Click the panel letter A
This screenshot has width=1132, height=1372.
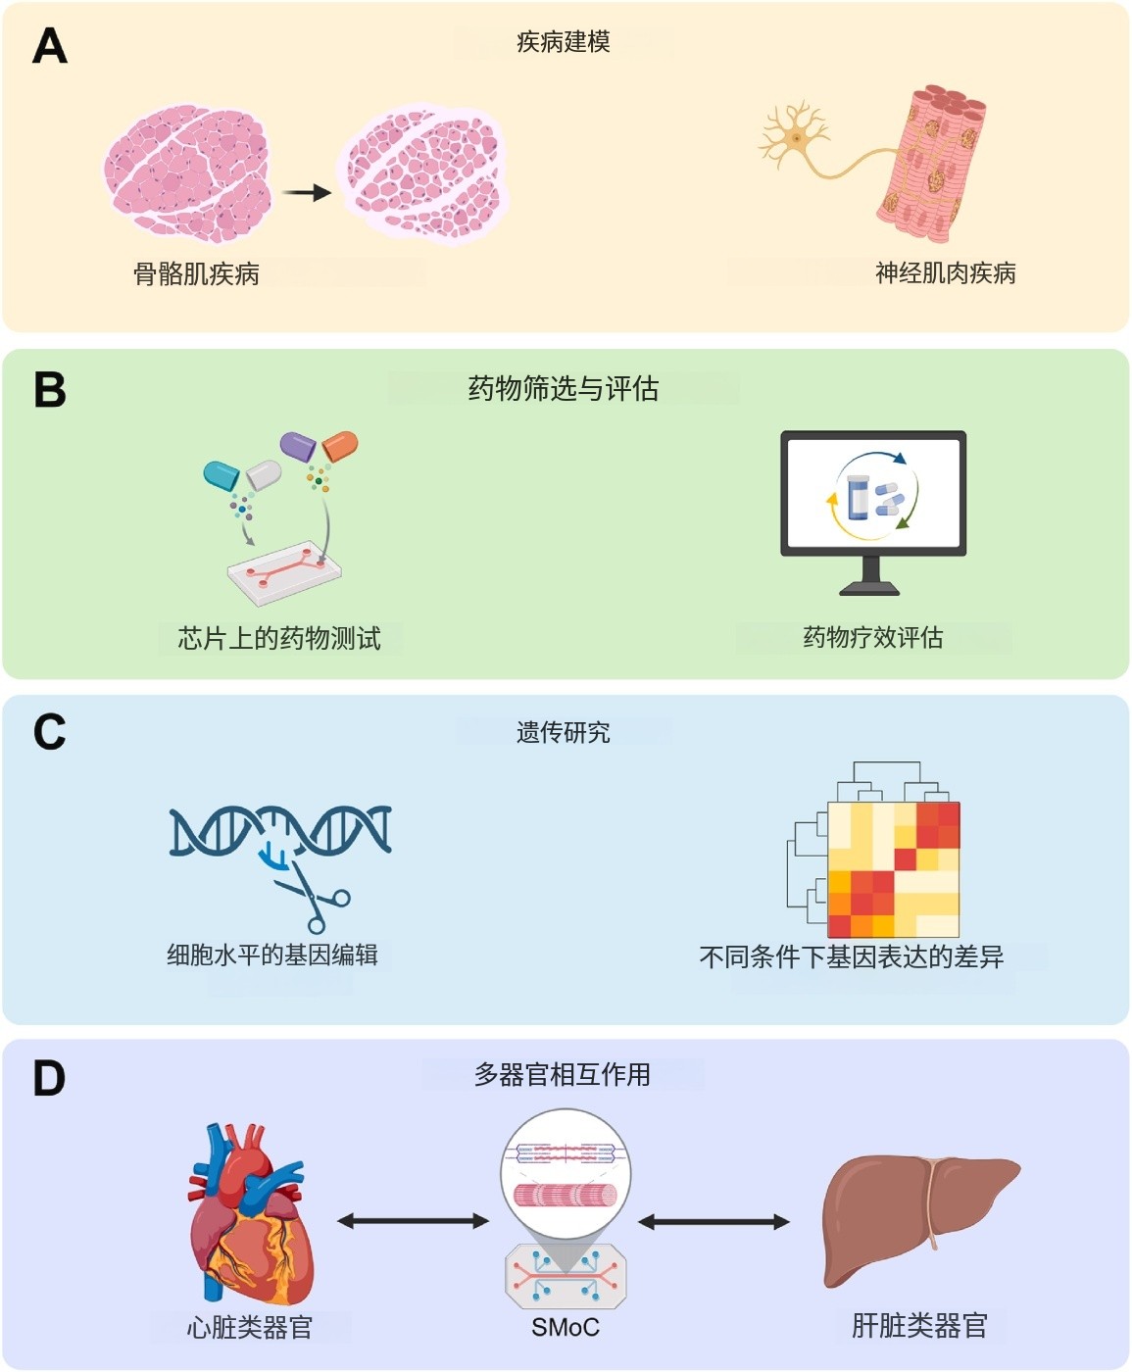(x=50, y=46)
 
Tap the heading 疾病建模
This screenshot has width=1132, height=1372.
(x=564, y=42)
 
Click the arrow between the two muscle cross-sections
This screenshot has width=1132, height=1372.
(x=307, y=193)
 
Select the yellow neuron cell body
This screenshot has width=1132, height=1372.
(x=796, y=138)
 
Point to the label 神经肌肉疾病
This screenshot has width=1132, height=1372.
(x=945, y=272)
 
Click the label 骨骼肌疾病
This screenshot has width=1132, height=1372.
(x=196, y=273)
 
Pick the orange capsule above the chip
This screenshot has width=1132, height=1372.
(x=340, y=446)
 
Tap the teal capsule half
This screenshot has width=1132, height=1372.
(x=221, y=475)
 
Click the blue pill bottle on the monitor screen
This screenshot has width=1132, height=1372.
(x=859, y=497)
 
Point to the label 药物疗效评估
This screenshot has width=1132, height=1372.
(x=872, y=638)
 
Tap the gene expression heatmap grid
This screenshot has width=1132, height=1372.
(x=893, y=869)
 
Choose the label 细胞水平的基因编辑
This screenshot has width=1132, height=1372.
(x=272, y=955)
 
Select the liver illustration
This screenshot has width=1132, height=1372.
(x=918, y=1215)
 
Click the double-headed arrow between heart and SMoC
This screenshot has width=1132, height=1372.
(x=413, y=1221)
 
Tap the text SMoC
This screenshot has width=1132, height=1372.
(x=566, y=1328)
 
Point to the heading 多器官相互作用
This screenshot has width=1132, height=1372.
(x=563, y=1075)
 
